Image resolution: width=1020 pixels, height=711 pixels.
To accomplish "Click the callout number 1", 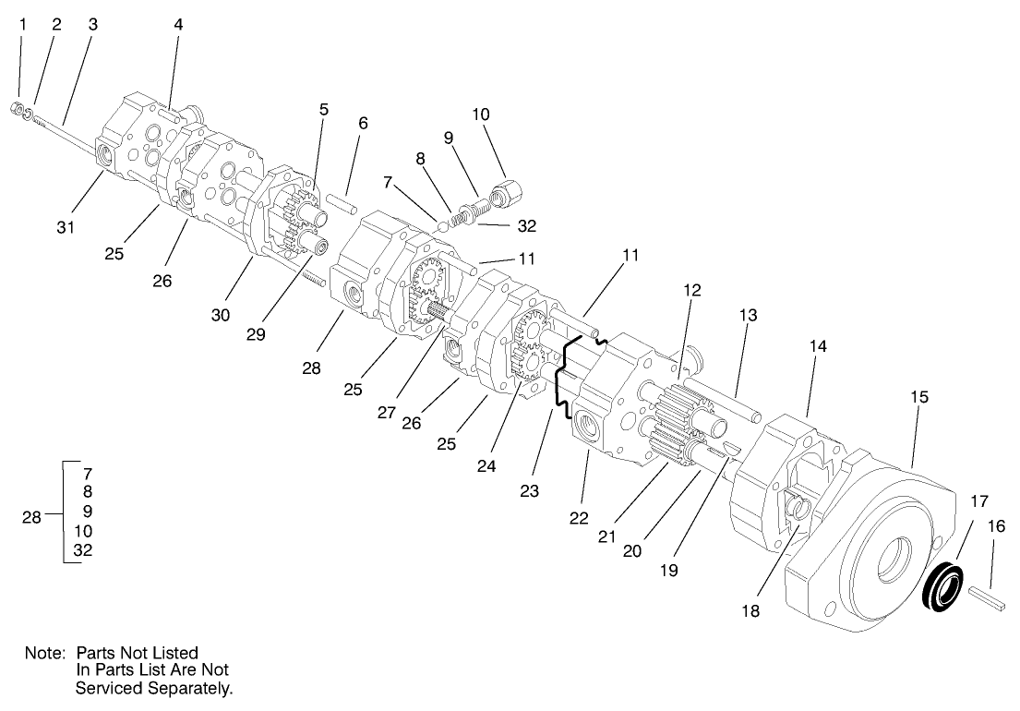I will point(22,25).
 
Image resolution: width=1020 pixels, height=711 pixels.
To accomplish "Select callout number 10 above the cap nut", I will point(480,114).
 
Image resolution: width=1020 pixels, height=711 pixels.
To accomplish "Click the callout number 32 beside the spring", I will point(526,225).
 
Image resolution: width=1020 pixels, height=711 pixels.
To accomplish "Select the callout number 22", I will point(578,518).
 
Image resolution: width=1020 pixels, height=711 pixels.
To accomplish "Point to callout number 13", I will point(747,315).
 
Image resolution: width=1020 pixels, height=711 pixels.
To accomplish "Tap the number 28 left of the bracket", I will point(31,517).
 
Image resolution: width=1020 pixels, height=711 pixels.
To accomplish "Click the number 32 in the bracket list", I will point(82,550).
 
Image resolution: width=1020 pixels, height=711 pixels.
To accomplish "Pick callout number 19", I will point(669,570).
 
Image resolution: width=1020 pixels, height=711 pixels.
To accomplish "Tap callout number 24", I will point(486,466).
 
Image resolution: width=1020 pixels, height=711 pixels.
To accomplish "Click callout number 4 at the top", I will point(178,25).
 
